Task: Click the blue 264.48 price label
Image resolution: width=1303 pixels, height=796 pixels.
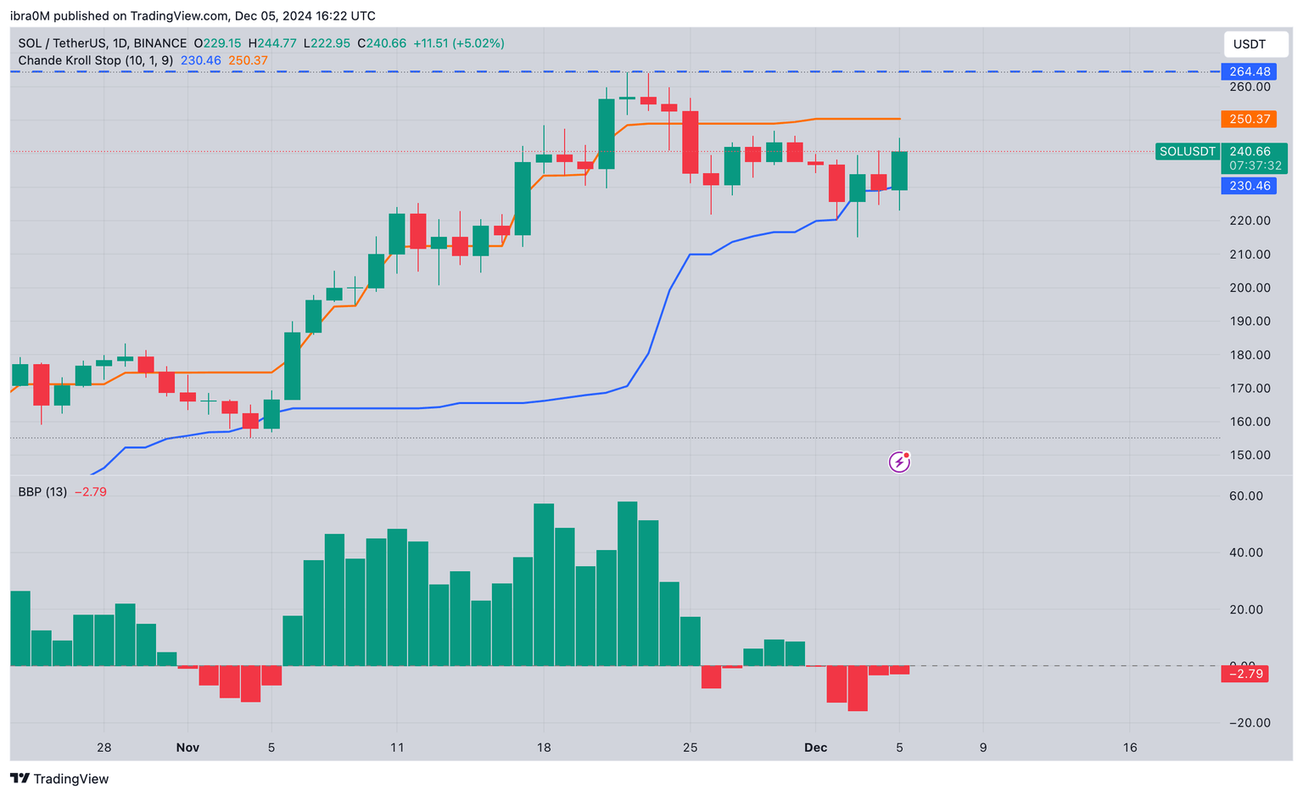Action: tap(1249, 71)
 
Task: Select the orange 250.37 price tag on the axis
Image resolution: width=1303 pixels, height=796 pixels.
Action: tap(1249, 119)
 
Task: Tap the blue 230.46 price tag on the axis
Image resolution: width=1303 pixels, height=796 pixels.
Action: tap(1249, 186)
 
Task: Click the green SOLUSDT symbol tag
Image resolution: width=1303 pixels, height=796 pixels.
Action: tap(1188, 152)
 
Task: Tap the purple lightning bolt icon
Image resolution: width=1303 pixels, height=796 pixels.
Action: tap(899, 462)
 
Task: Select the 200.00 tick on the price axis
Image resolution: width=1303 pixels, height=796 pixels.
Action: tap(1250, 288)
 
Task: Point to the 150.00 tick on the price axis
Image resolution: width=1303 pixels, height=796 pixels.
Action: tap(1250, 455)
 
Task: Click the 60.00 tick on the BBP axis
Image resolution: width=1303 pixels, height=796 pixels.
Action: tap(1246, 496)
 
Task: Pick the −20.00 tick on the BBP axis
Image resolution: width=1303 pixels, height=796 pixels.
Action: tap(1246, 723)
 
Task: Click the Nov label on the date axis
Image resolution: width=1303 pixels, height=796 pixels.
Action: tap(187, 748)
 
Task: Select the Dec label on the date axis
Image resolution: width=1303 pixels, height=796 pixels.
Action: tap(815, 748)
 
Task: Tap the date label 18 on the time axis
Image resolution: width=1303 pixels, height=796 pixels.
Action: tap(544, 748)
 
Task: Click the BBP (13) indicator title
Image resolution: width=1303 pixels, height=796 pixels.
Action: tap(42, 491)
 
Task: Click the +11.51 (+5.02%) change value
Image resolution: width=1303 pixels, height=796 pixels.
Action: tap(459, 43)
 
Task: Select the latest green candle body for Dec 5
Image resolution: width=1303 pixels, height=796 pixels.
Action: tap(899, 171)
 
